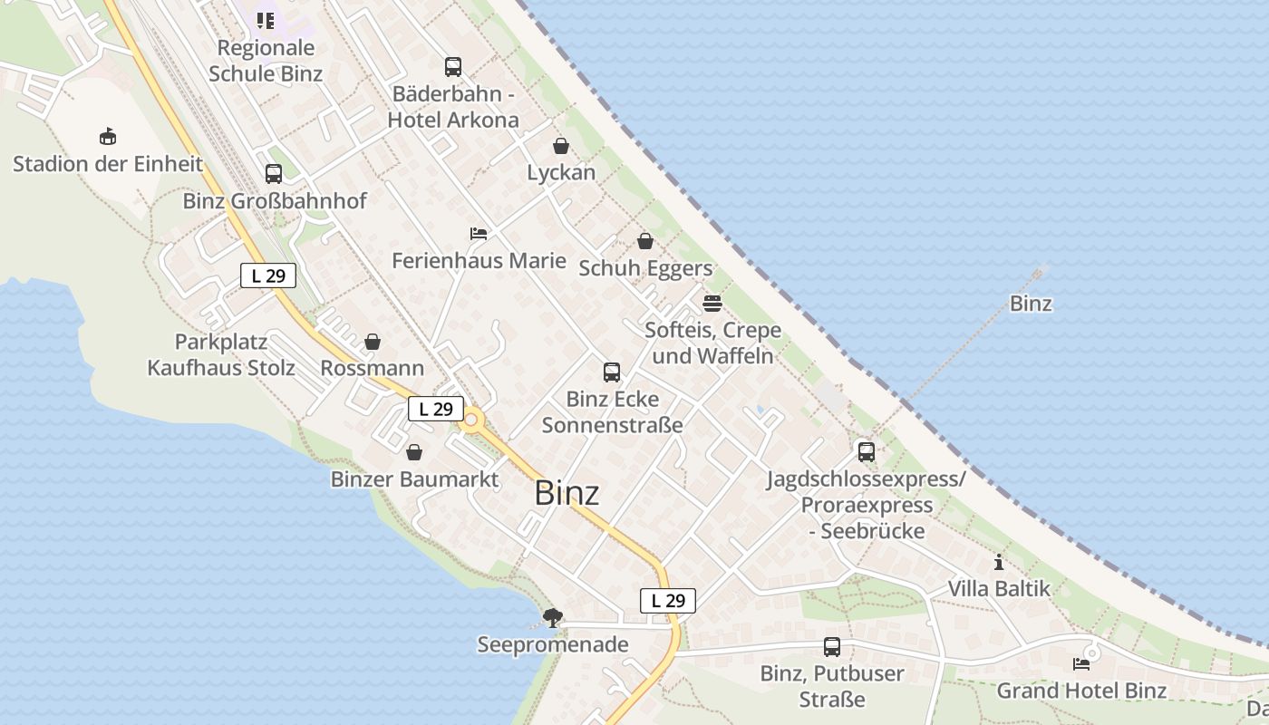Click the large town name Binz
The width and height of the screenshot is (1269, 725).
[567, 493]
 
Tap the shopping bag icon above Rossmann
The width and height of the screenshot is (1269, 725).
[372, 342]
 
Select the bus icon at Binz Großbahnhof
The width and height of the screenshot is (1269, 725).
[273, 174]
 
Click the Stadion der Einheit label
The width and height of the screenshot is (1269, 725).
[108, 164]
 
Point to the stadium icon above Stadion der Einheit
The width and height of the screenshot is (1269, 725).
[108, 137]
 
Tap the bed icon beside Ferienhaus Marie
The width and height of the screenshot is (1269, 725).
[479, 234]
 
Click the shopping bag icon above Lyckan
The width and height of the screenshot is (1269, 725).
[561, 146]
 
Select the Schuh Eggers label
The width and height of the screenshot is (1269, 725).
[645, 268]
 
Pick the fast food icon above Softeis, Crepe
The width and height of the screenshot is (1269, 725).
[712, 303]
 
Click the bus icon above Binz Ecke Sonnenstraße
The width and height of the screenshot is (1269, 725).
[612, 372]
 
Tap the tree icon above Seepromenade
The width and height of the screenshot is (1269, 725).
[552, 618]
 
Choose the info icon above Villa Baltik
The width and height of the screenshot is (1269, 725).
[999, 562]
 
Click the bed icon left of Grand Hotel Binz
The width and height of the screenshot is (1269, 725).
[1081, 663]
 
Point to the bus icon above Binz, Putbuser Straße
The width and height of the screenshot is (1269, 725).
[831, 646]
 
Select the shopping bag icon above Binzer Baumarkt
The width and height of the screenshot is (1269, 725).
[414, 452]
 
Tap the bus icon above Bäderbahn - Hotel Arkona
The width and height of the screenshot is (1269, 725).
[452, 67]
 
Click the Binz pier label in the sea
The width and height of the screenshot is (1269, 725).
[1031, 304]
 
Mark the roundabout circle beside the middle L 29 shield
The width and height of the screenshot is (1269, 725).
[471, 420]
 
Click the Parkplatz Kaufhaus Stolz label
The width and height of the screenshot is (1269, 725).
[221, 354]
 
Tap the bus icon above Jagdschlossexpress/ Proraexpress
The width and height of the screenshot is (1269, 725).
[867, 451]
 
